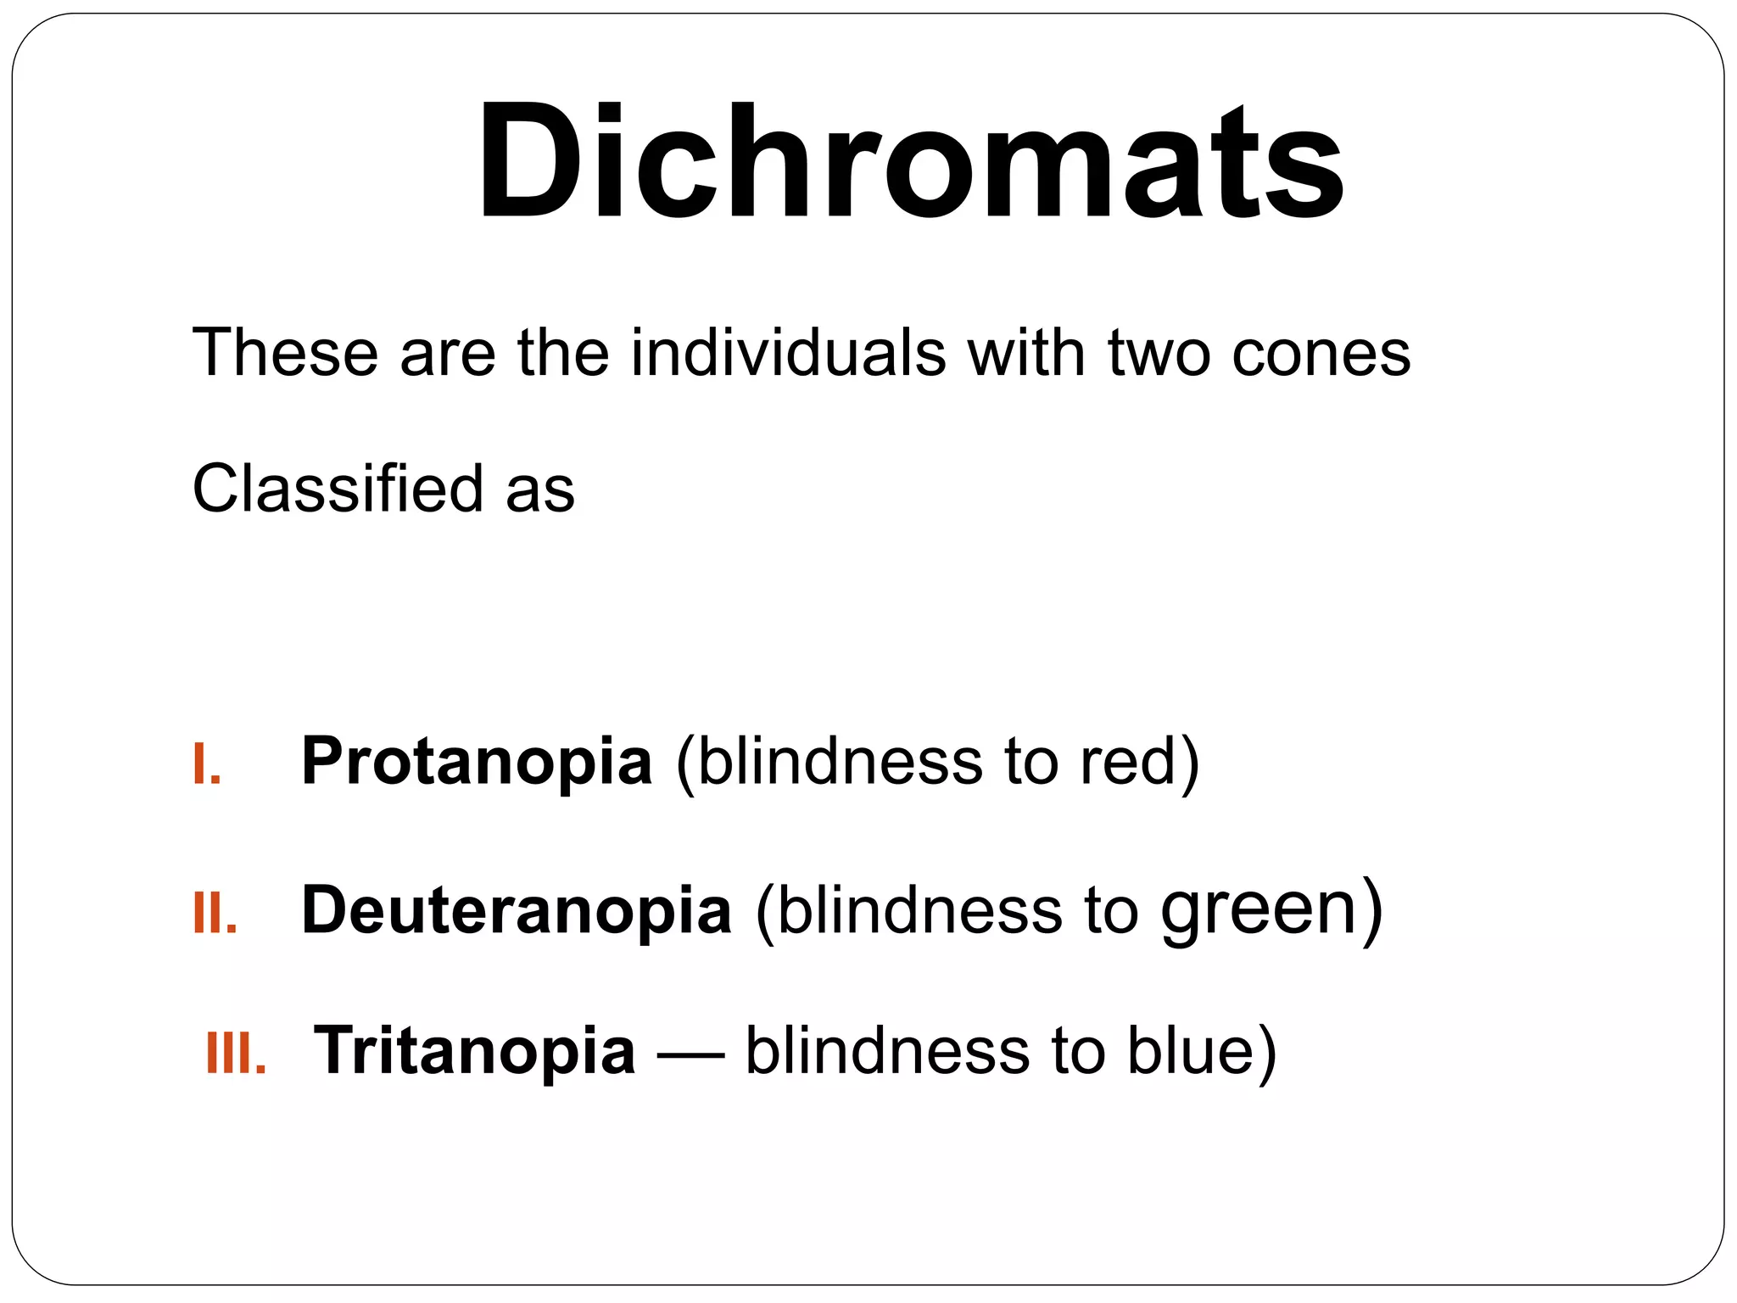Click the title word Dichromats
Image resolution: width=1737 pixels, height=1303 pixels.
[x=909, y=161]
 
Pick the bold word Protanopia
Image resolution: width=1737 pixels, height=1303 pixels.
[x=477, y=762]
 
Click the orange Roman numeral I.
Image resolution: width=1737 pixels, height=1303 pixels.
[x=206, y=763]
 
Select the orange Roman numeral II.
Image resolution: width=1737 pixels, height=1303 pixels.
[x=215, y=913]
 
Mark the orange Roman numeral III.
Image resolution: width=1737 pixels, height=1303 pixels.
[x=236, y=1054]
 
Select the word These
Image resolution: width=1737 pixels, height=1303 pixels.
[x=285, y=353]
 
